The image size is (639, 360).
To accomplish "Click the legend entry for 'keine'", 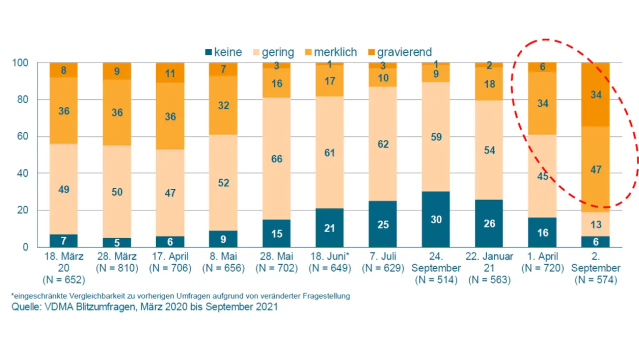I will click(223, 52).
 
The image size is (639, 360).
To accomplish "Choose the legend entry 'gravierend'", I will click(399, 52).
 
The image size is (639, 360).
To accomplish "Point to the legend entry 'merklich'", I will click(330, 52).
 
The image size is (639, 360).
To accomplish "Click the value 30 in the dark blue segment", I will click(436, 219).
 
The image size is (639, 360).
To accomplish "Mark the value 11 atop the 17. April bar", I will click(170, 73).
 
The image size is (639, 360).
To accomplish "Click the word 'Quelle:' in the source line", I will click(26, 307).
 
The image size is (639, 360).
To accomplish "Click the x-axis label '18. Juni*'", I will click(329, 257).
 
